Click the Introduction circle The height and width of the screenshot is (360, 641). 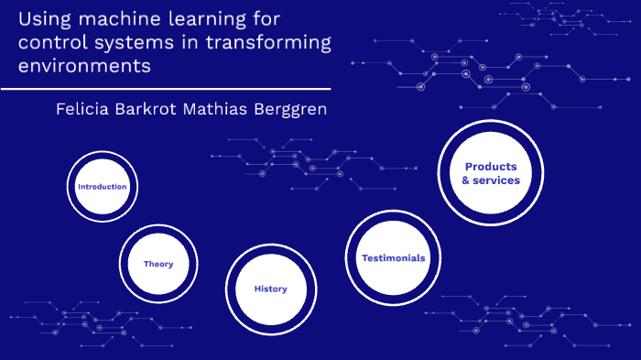click(102, 187)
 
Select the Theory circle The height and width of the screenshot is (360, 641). click(158, 264)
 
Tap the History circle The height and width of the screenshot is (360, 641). click(270, 289)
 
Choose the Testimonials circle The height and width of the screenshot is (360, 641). click(393, 258)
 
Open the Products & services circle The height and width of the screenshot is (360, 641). click(490, 173)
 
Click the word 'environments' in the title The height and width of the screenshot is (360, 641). click(83, 66)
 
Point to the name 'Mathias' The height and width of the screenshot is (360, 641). click(217, 109)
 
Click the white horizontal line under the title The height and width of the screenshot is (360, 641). click(165, 89)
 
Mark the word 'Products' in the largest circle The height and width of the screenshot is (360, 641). click(491, 167)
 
